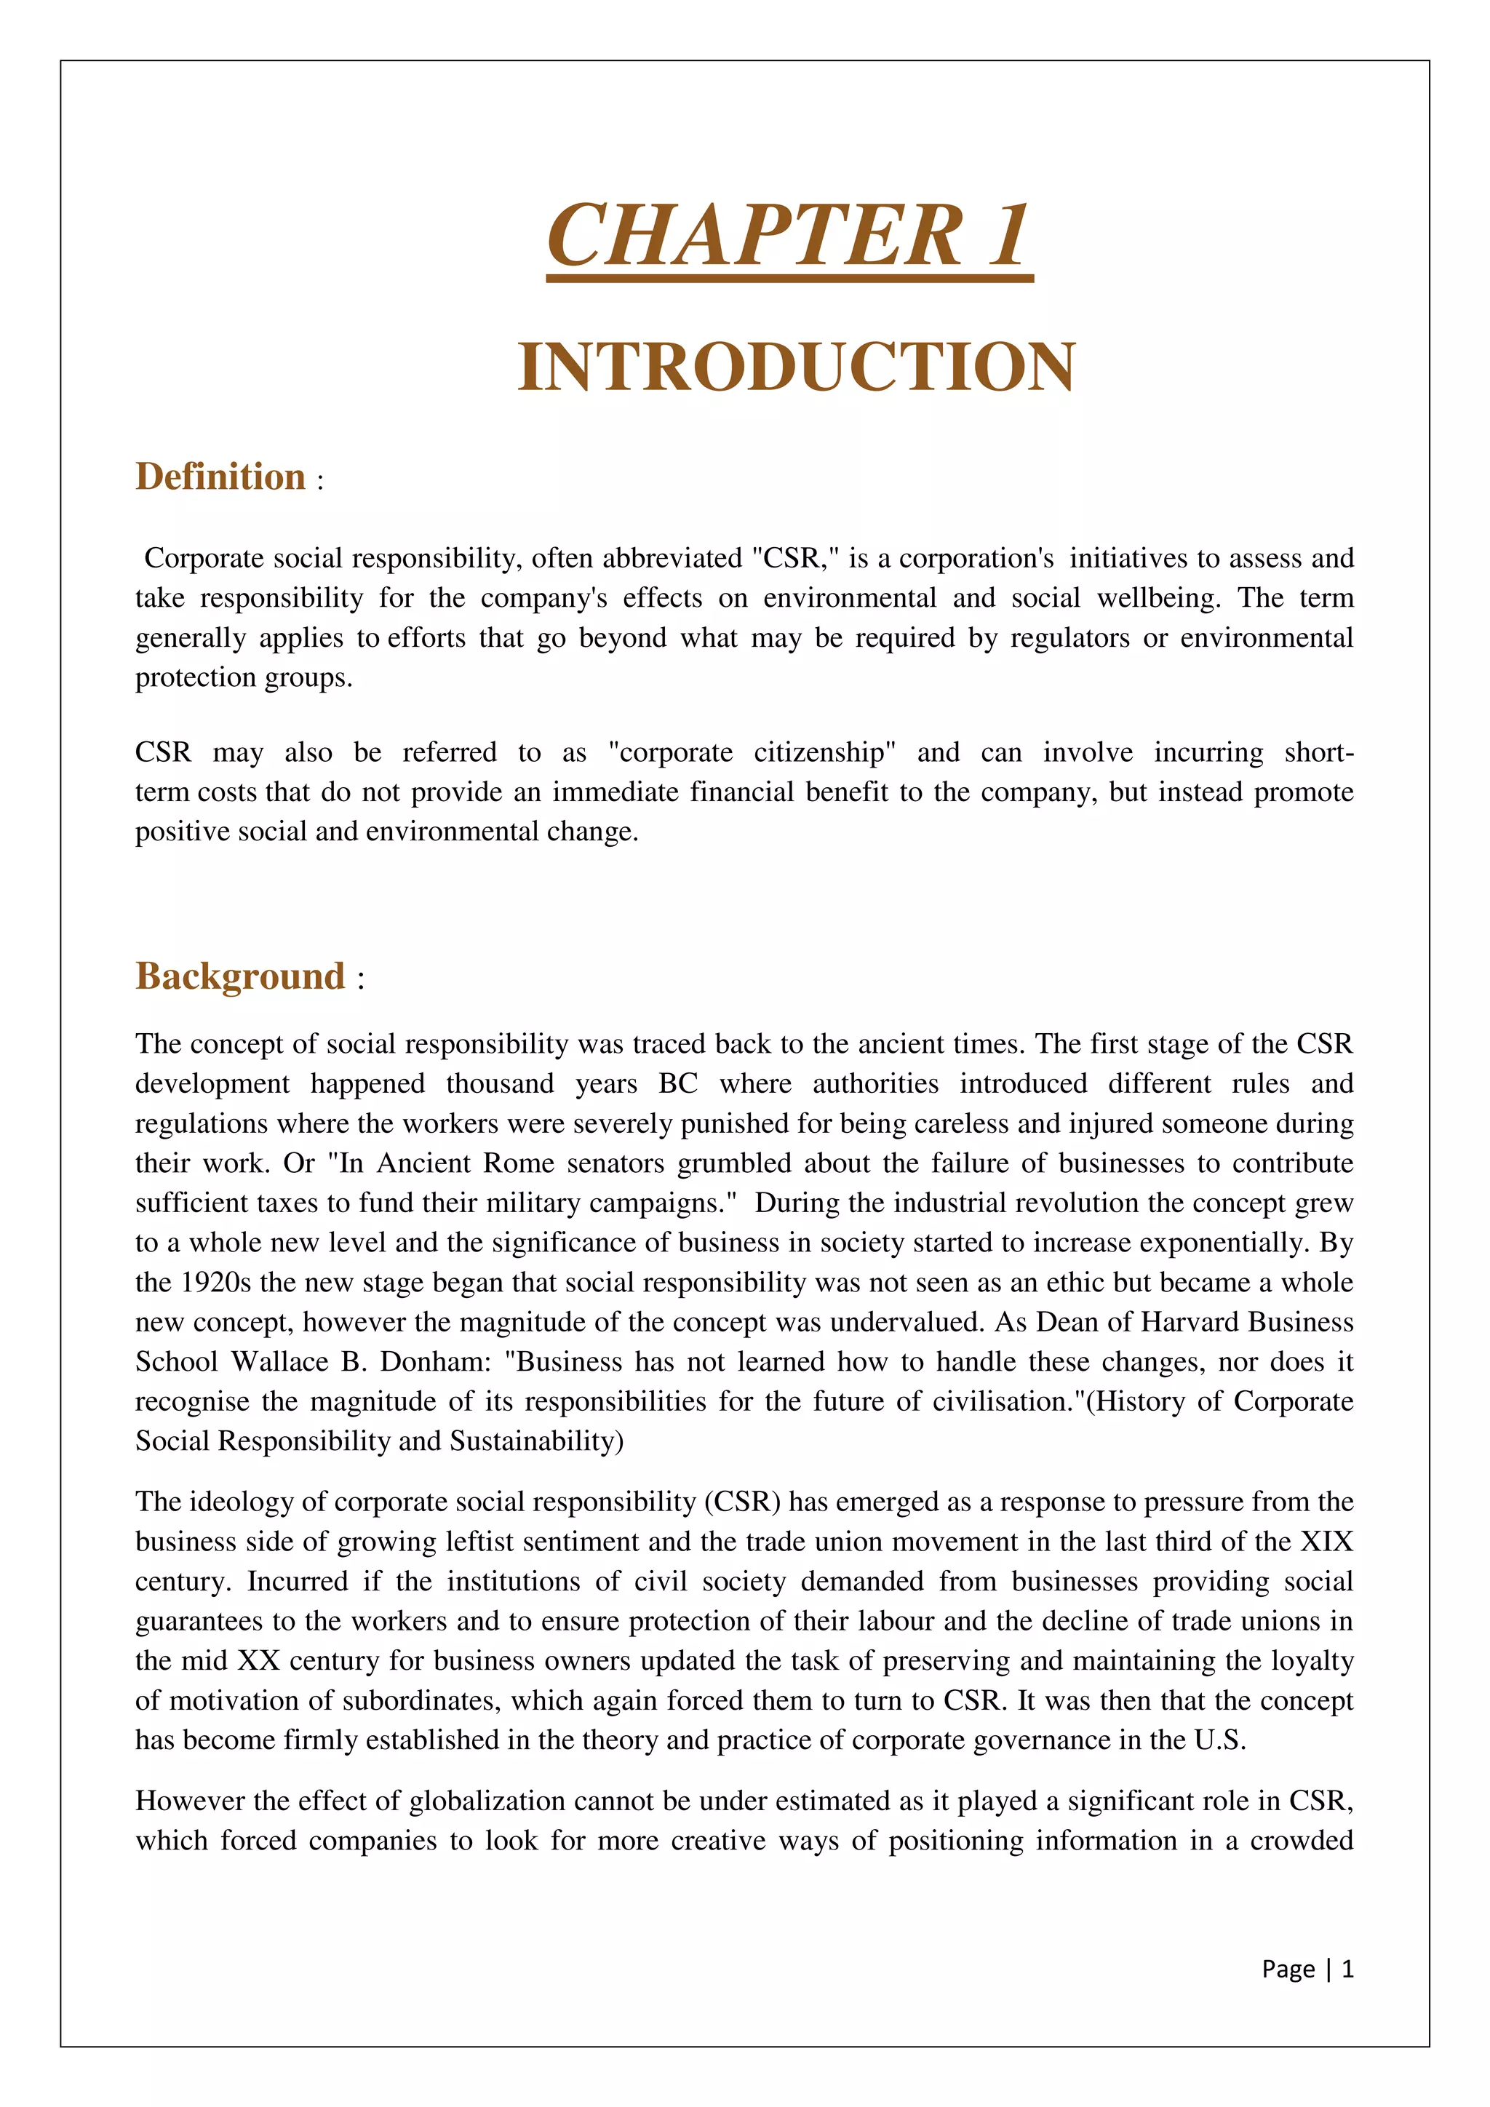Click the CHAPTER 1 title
[x=789, y=236]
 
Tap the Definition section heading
[x=220, y=477]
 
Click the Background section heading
[x=240, y=976]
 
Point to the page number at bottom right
[x=1307, y=1969]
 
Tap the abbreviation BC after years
[x=678, y=1084]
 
